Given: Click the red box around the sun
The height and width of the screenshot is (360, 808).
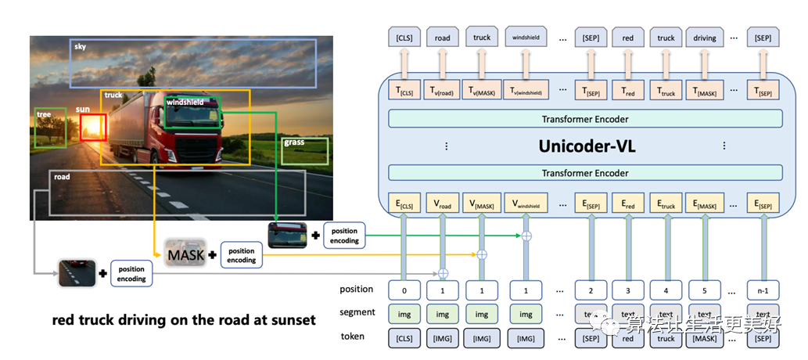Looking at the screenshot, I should (93, 127).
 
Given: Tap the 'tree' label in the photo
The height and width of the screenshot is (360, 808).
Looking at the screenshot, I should (44, 114).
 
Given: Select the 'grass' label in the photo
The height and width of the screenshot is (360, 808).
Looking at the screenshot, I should (294, 142).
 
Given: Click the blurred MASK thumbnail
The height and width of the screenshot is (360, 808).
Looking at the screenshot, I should (185, 254).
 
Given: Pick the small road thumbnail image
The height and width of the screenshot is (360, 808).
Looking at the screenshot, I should (77, 273).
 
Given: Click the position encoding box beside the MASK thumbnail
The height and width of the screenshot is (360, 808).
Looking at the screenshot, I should (242, 255).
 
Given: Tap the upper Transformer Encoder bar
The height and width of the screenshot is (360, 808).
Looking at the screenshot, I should (585, 119).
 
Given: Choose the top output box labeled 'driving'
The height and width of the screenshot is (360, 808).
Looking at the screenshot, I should (705, 38).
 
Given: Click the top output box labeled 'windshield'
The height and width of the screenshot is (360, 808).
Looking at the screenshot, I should (525, 38).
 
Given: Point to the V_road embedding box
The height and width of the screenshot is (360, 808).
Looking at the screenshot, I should (443, 206).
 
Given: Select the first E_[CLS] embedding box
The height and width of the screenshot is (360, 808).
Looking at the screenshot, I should (404, 206).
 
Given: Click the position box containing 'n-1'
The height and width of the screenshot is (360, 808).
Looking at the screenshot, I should (763, 290).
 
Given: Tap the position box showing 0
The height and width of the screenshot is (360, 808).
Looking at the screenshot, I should (404, 290).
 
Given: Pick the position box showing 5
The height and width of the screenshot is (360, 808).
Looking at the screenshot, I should (705, 290).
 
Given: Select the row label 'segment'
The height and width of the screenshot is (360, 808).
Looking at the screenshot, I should (357, 313).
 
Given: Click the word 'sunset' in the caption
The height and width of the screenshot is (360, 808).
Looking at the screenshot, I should (289, 319).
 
